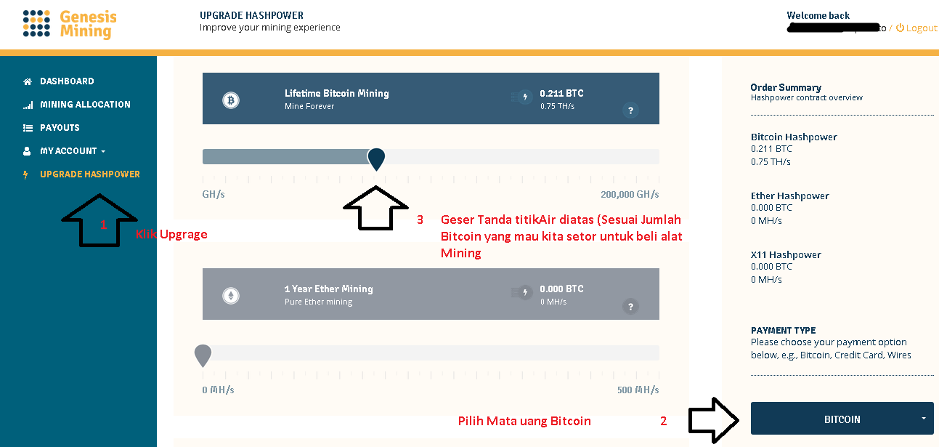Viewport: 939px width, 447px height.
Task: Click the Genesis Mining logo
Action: pyautogui.click(x=69, y=24)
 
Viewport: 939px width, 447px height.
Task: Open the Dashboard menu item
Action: pyautogui.click(x=67, y=81)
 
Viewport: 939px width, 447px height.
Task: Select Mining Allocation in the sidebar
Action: pyautogui.click(x=85, y=105)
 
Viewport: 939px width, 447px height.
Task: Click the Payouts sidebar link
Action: pyautogui.click(x=60, y=128)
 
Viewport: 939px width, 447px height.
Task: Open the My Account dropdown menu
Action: pyautogui.click(x=72, y=151)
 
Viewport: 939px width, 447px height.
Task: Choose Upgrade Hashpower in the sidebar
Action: pyautogui.click(x=90, y=174)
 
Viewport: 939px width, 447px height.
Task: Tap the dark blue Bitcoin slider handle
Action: pyautogui.click(x=376, y=158)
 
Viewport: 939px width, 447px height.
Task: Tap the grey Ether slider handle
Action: pyautogui.click(x=203, y=355)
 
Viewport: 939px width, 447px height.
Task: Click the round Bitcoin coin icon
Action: pyautogui.click(x=231, y=100)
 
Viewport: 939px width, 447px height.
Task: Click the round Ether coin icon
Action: pyautogui.click(x=231, y=295)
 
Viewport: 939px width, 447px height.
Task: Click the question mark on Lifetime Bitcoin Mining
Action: pyautogui.click(x=630, y=110)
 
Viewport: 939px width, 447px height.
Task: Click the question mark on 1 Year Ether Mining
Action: pyautogui.click(x=630, y=306)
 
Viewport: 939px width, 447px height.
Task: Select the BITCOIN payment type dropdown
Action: pyautogui.click(x=842, y=419)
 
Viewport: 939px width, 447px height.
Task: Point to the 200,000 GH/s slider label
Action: pyautogui.click(x=630, y=195)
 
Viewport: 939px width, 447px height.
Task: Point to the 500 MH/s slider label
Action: pyautogui.click(x=638, y=390)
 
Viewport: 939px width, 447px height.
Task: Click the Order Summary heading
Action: pyautogui.click(x=786, y=87)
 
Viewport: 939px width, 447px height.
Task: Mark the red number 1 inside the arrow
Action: pyautogui.click(x=103, y=225)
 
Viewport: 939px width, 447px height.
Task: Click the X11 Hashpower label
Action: pyautogui.click(x=786, y=255)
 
